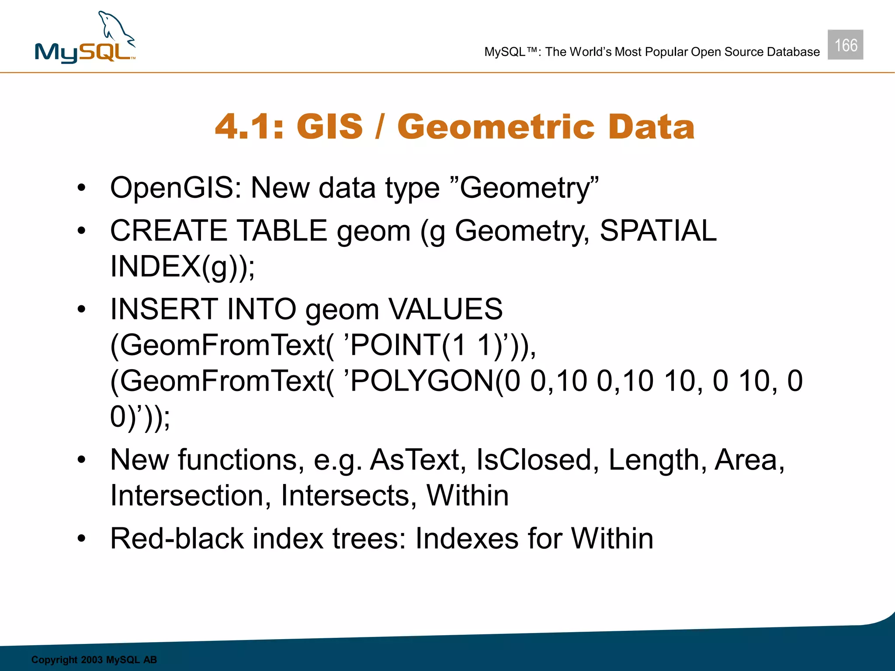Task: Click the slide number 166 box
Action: pyautogui.click(x=845, y=45)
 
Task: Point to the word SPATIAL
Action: pyautogui.click(x=658, y=231)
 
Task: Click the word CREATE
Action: pyautogui.click(x=169, y=231)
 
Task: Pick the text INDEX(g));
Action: pyautogui.click(x=182, y=266)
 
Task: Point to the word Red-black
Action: pyautogui.click(x=177, y=538)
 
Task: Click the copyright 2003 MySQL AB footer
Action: pyautogui.click(x=94, y=660)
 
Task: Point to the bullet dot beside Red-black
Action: pyautogui.click(x=82, y=539)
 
